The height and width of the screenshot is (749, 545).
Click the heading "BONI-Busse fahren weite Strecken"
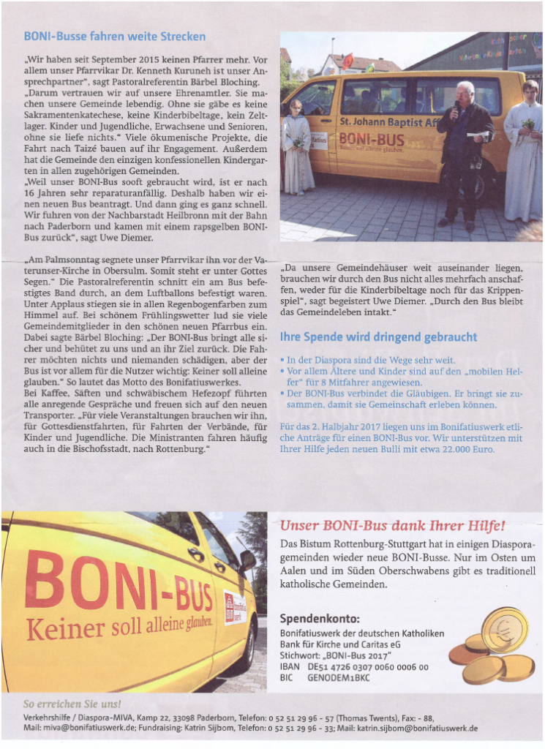[115, 36]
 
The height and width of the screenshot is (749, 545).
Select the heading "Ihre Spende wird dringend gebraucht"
[378, 337]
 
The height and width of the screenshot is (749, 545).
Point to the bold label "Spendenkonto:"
[320, 618]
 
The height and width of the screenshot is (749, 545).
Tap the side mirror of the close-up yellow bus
[247, 561]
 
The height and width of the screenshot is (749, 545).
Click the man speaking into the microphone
[462, 150]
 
